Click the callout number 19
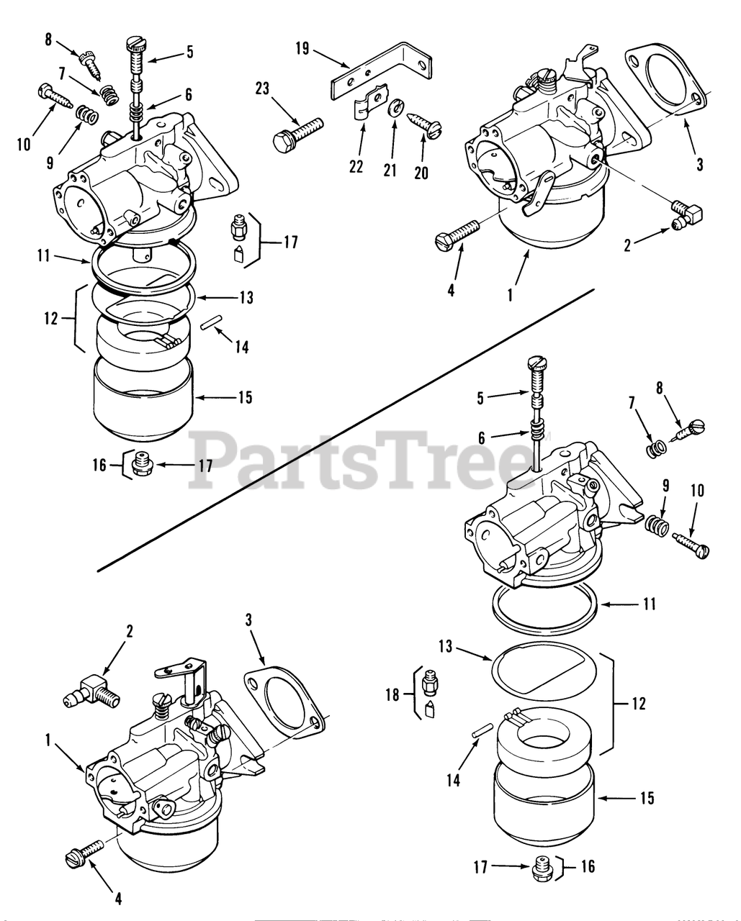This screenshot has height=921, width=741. click(x=302, y=48)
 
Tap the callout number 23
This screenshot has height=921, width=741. click(x=261, y=89)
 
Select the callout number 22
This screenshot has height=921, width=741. click(x=356, y=166)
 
